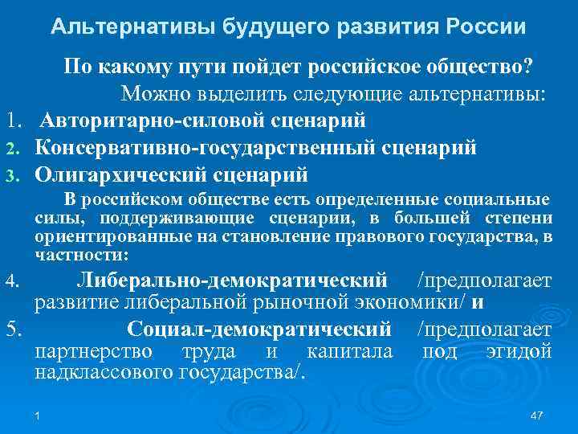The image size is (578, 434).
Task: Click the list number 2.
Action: coord(14,149)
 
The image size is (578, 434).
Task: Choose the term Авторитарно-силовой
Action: coord(155,121)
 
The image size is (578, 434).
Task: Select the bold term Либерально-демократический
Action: coord(234,281)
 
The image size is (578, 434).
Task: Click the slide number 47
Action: coord(537,414)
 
